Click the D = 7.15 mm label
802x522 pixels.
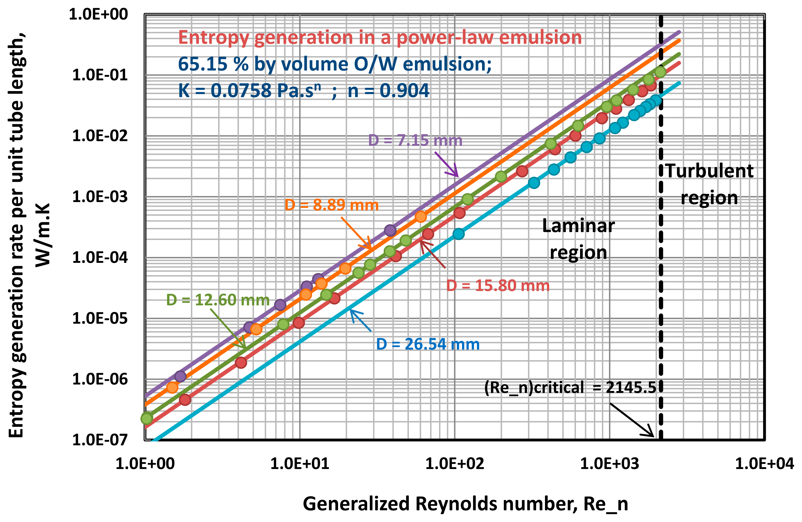[x=415, y=140]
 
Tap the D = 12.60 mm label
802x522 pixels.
[x=218, y=300]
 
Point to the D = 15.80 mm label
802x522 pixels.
[x=498, y=286]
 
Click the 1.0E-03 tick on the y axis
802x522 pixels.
[x=100, y=197]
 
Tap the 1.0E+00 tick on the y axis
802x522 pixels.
[x=98, y=14]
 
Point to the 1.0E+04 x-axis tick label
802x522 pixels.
[x=764, y=464]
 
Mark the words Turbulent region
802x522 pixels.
[x=709, y=184]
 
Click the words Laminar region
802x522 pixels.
[x=578, y=239]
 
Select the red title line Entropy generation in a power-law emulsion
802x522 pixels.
[x=380, y=37]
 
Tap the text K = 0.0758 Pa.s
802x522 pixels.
[x=249, y=91]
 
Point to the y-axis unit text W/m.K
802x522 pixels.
[x=43, y=235]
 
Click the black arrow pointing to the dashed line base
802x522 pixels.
[x=632, y=420]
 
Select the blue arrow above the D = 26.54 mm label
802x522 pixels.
[x=360, y=320]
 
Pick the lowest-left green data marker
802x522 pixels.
[x=147, y=418]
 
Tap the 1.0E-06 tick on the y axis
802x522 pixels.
[x=100, y=379]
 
